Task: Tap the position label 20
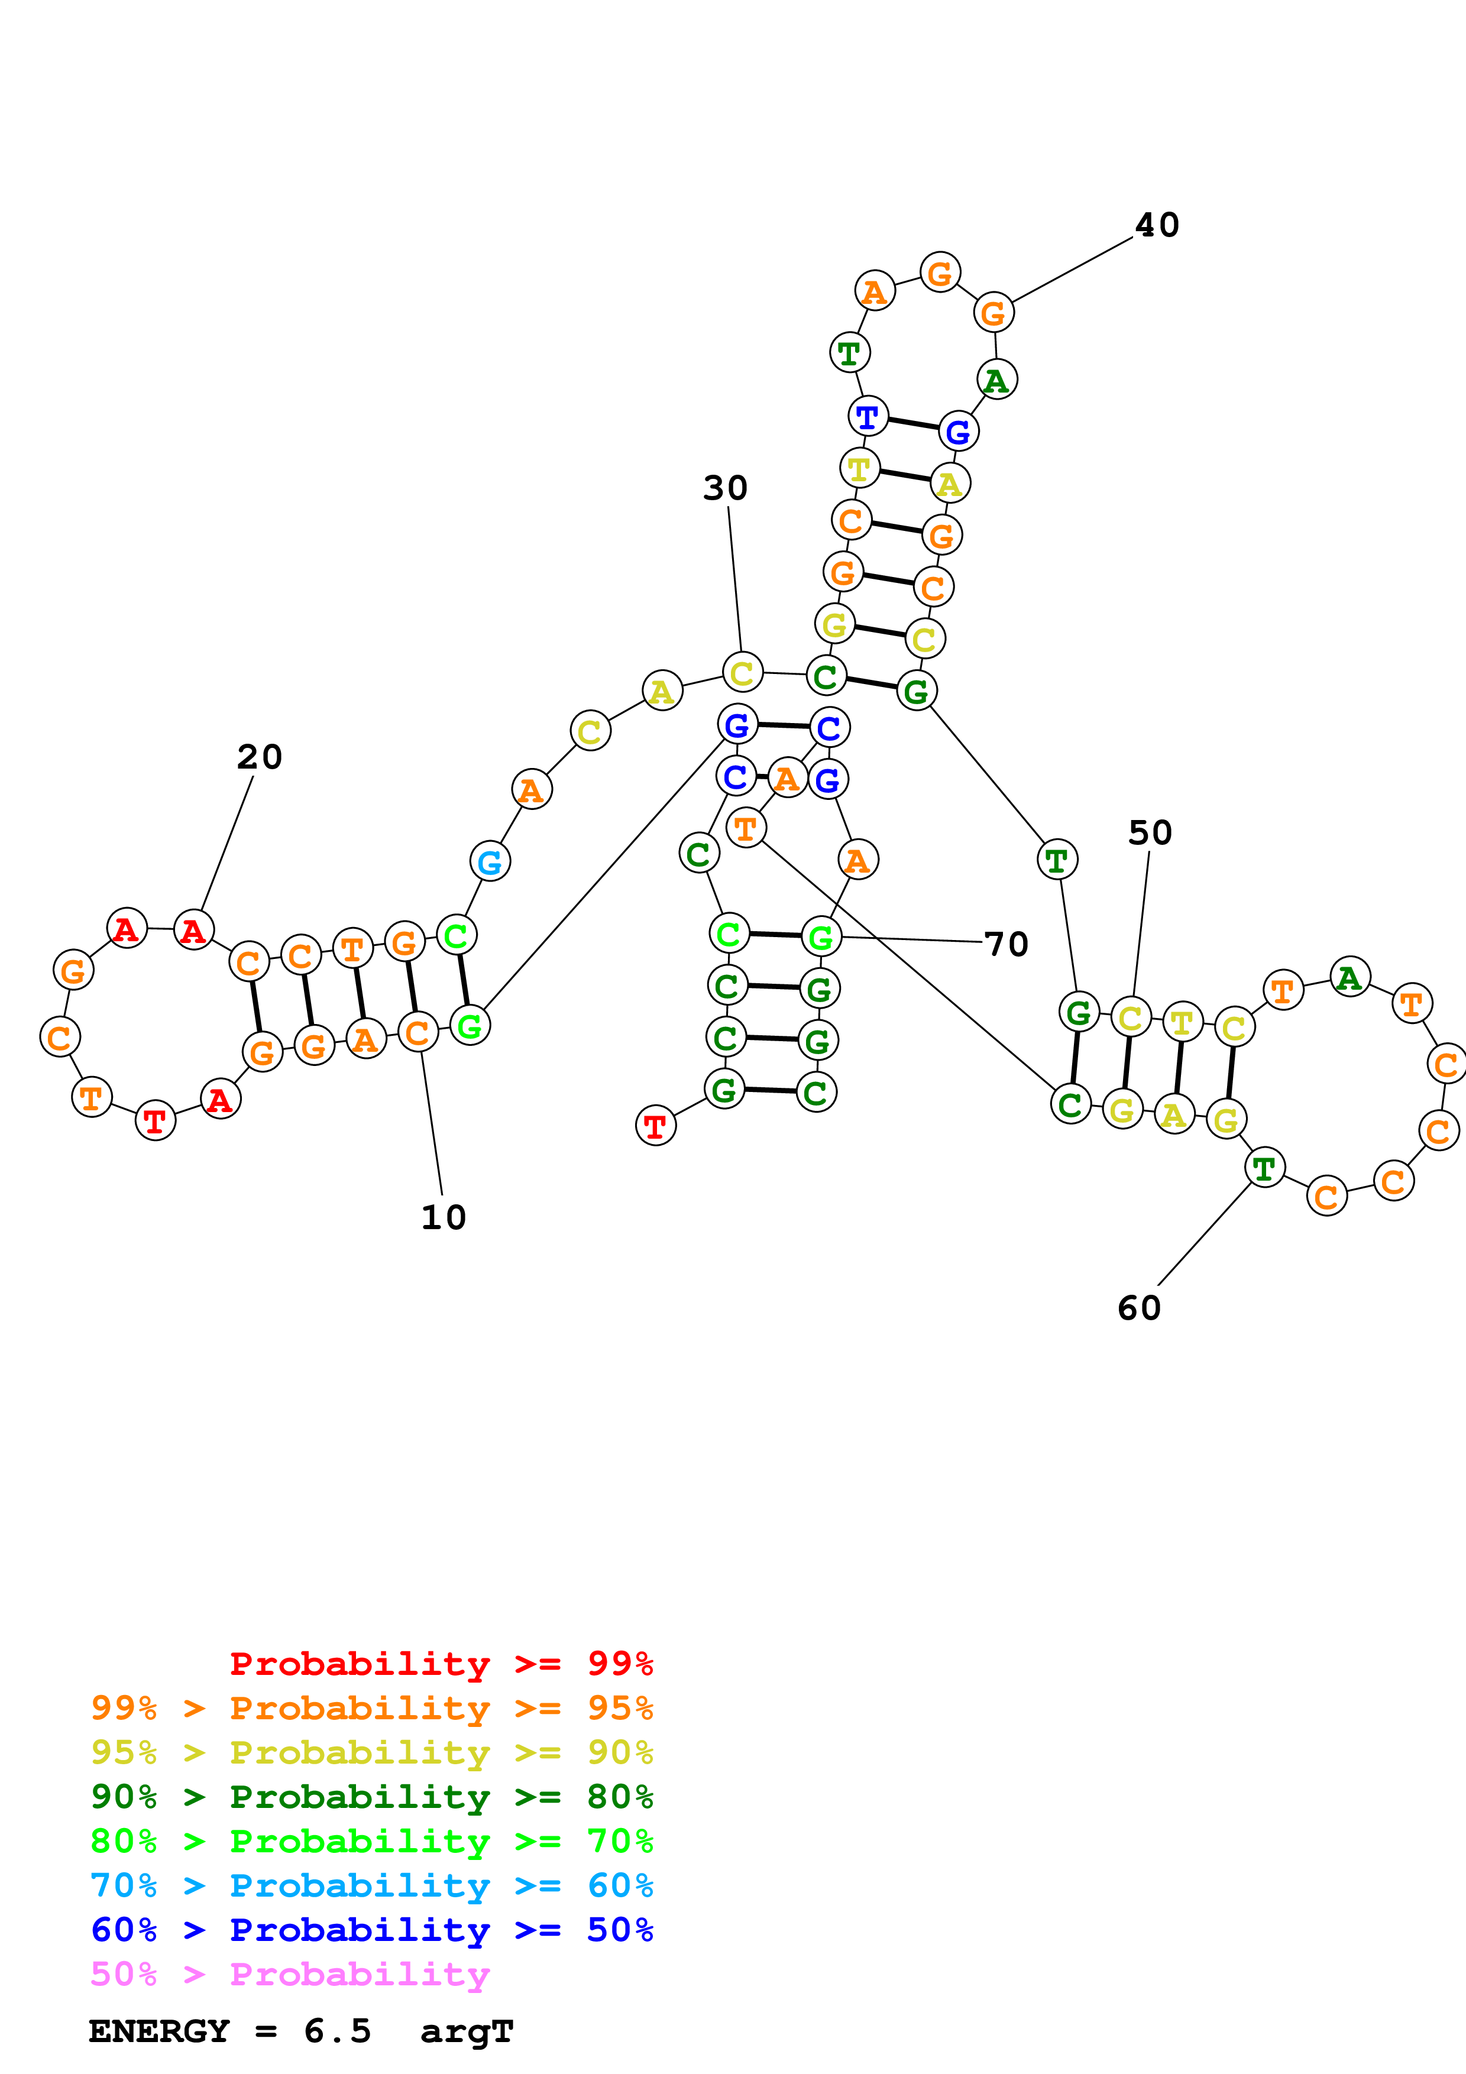259,757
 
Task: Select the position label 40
1157,225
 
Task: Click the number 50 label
1150,833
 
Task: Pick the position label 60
1139,1308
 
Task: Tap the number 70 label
1007,944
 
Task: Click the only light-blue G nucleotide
490,862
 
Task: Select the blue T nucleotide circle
867,416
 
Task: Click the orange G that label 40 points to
993,313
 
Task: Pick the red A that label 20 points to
193,929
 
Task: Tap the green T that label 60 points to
1264,1168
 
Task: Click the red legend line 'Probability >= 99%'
441,1663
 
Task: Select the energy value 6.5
337,2031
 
